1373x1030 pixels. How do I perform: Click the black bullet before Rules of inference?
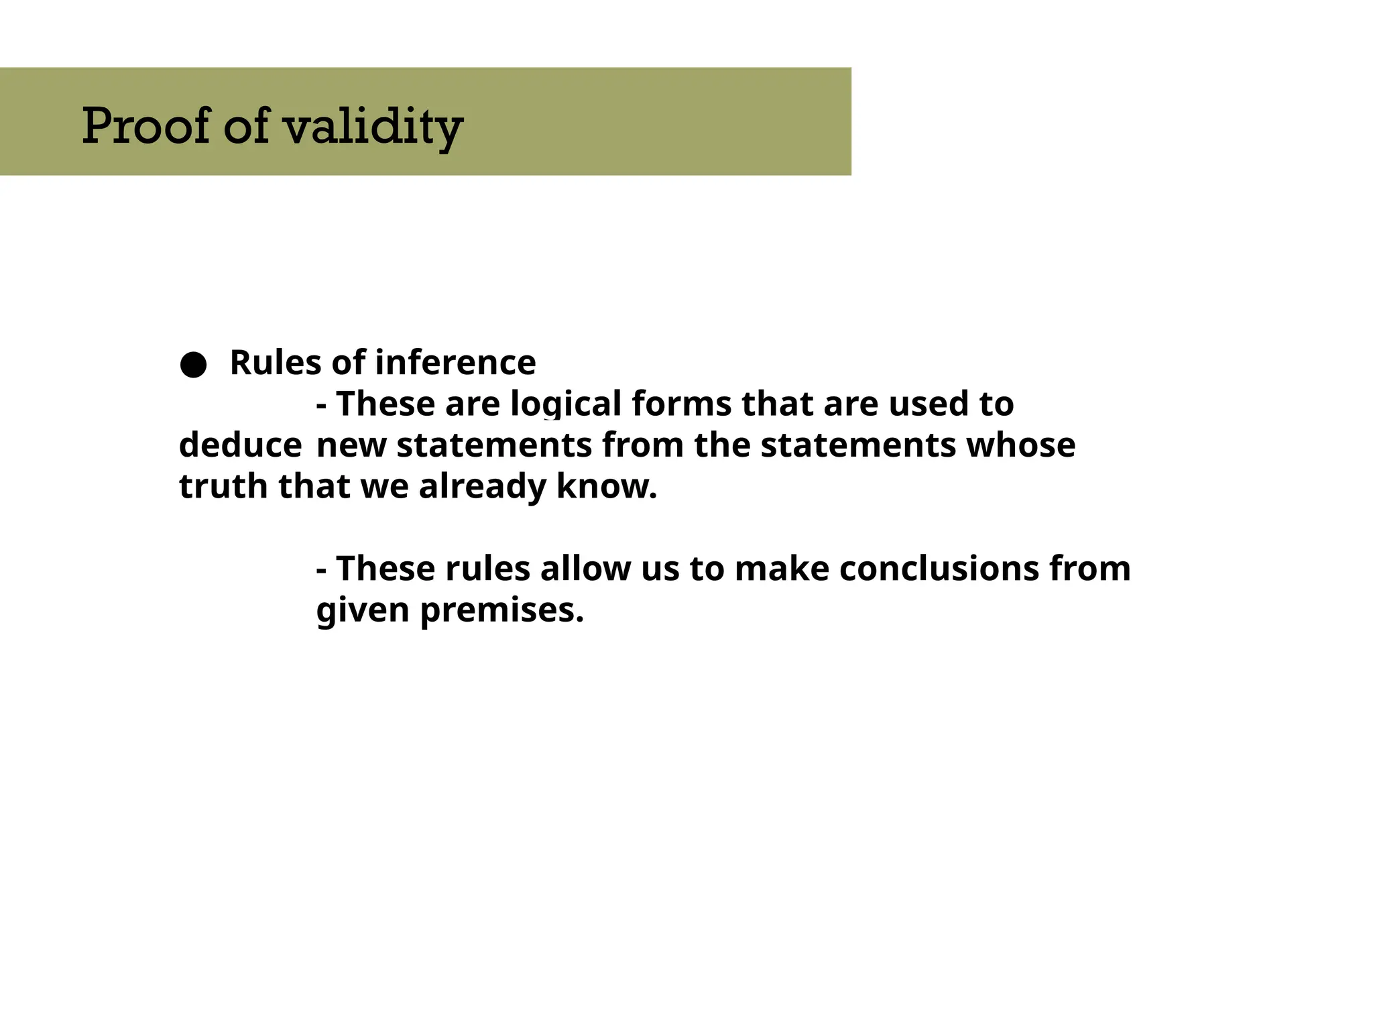193,365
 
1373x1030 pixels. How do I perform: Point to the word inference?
455,363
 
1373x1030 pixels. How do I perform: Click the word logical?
566,404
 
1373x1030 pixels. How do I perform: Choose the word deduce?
240,445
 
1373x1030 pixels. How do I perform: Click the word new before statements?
351,447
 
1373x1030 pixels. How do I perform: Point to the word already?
482,488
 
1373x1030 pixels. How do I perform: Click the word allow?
585,569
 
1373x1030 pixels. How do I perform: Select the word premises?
501,610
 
